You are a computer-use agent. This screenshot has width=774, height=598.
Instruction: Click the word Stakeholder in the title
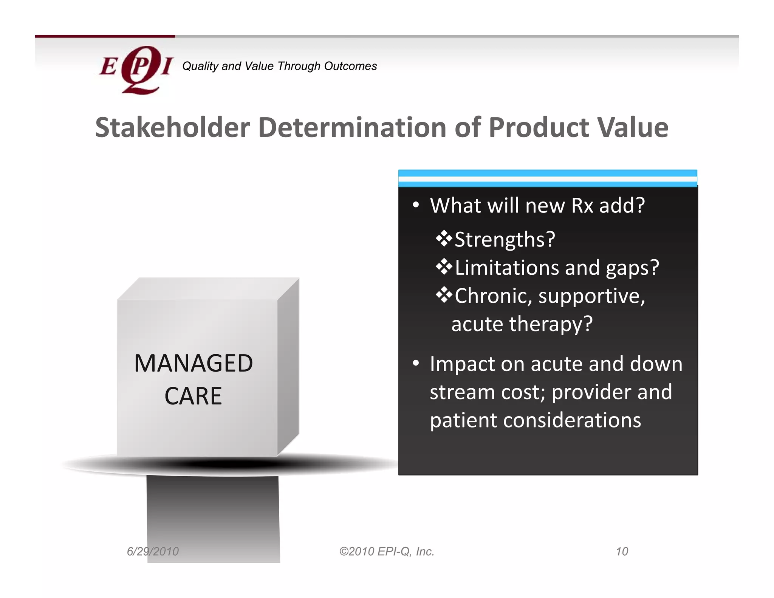click(x=172, y=127)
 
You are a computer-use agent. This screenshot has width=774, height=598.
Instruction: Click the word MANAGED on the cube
click(x=193, y=363)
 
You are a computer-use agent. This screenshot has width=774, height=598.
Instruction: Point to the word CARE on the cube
click(x=193, y=396)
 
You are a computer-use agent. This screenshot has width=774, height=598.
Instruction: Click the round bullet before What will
click(x=416, y=205)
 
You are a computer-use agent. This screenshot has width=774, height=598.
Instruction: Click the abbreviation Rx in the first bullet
click(x=582, y=206)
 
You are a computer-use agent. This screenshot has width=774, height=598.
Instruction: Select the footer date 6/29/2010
click(x=153, y=552)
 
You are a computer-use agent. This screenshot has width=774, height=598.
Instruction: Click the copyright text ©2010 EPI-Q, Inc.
click(x=387, y=552)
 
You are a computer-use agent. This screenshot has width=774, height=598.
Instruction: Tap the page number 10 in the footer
click(x=622, y=552)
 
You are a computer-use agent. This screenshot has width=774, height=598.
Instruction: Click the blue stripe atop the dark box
click(x=547, y=173)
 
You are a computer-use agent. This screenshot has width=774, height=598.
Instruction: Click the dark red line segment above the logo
click(x=105, y=36)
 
